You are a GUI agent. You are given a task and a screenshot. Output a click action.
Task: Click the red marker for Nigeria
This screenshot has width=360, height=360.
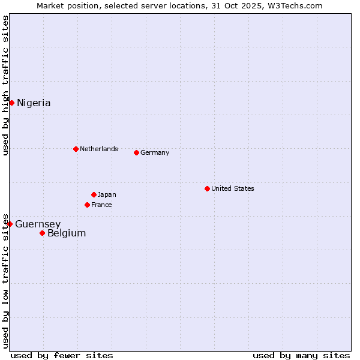click(x=11, y=103)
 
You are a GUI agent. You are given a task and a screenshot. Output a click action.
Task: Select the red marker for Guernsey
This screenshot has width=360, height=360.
click(x=10, y=224)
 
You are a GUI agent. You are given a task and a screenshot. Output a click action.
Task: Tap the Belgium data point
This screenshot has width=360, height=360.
click(x=42, y=233)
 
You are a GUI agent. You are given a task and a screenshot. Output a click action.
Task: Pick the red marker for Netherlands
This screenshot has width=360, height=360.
click(x=76, y=149)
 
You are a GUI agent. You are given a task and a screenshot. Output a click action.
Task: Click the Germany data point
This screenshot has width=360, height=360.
click(x=136, y=152)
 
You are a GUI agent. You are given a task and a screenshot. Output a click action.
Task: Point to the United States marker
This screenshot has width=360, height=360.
click(x=207, y=188)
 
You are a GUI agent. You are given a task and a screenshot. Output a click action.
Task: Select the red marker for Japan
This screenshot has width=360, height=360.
click(x=94, y=194)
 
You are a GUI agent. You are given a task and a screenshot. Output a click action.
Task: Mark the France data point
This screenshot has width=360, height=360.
click(x=87, y=205)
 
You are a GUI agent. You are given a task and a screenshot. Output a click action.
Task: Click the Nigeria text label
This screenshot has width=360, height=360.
click(x=34, y=103)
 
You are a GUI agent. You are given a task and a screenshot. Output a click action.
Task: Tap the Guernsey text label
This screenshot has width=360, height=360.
click(x=38, y=224)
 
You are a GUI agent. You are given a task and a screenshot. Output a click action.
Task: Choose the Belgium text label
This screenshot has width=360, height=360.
click(x=67, y=233)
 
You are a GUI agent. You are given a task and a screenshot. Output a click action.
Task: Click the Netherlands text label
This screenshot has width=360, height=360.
click(x=99, y=149)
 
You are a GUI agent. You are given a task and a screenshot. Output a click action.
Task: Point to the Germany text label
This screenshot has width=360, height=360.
click(x=155, y=152)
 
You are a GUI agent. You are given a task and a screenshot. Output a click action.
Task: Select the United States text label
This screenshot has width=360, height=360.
click(x=233, y=188)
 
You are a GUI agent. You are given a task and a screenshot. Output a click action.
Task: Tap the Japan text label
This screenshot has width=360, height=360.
click(x=107, y=194)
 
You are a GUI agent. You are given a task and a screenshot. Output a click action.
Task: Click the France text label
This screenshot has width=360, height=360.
click(x=101, y=205)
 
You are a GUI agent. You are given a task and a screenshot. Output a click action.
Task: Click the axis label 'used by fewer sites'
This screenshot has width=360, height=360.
click(x=62, y=355)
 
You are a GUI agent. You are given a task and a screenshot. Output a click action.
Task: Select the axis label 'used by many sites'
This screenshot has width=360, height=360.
click(x=301, y=355)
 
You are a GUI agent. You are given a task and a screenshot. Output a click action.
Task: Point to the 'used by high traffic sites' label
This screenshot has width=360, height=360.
click(x=5, y=85)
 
